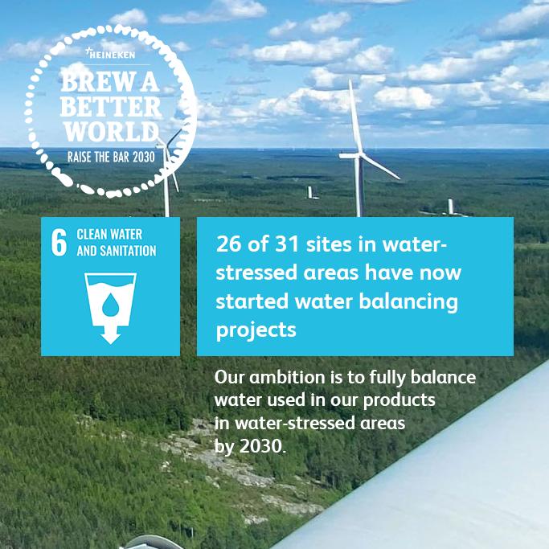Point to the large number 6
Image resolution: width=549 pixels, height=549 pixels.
59,244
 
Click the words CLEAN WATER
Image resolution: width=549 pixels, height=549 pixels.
109,235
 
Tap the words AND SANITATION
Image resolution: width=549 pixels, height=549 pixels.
117,251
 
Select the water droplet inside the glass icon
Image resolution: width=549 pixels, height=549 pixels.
110,303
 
